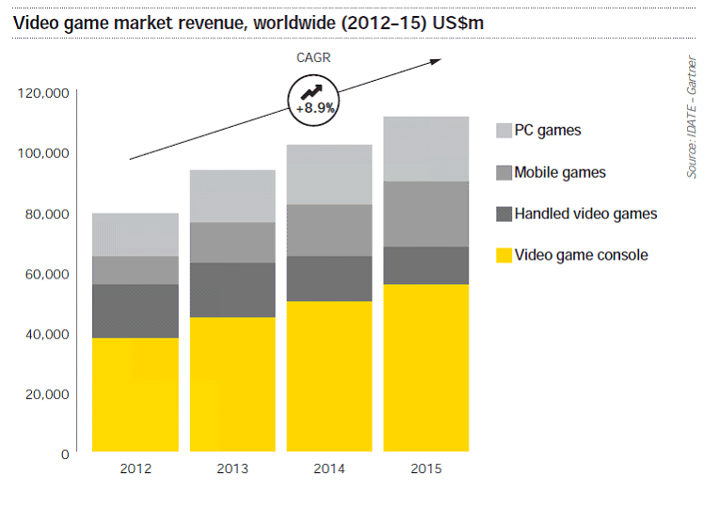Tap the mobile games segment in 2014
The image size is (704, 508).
328,230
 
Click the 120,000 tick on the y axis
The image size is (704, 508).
43,93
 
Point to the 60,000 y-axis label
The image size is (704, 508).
43,274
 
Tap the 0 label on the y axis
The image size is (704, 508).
65,454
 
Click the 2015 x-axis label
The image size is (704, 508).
426,468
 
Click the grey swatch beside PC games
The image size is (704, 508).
503,131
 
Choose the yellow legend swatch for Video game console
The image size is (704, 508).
503,255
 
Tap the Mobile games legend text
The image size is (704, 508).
560,172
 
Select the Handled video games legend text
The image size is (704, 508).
585,214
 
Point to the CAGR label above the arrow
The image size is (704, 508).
313,57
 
